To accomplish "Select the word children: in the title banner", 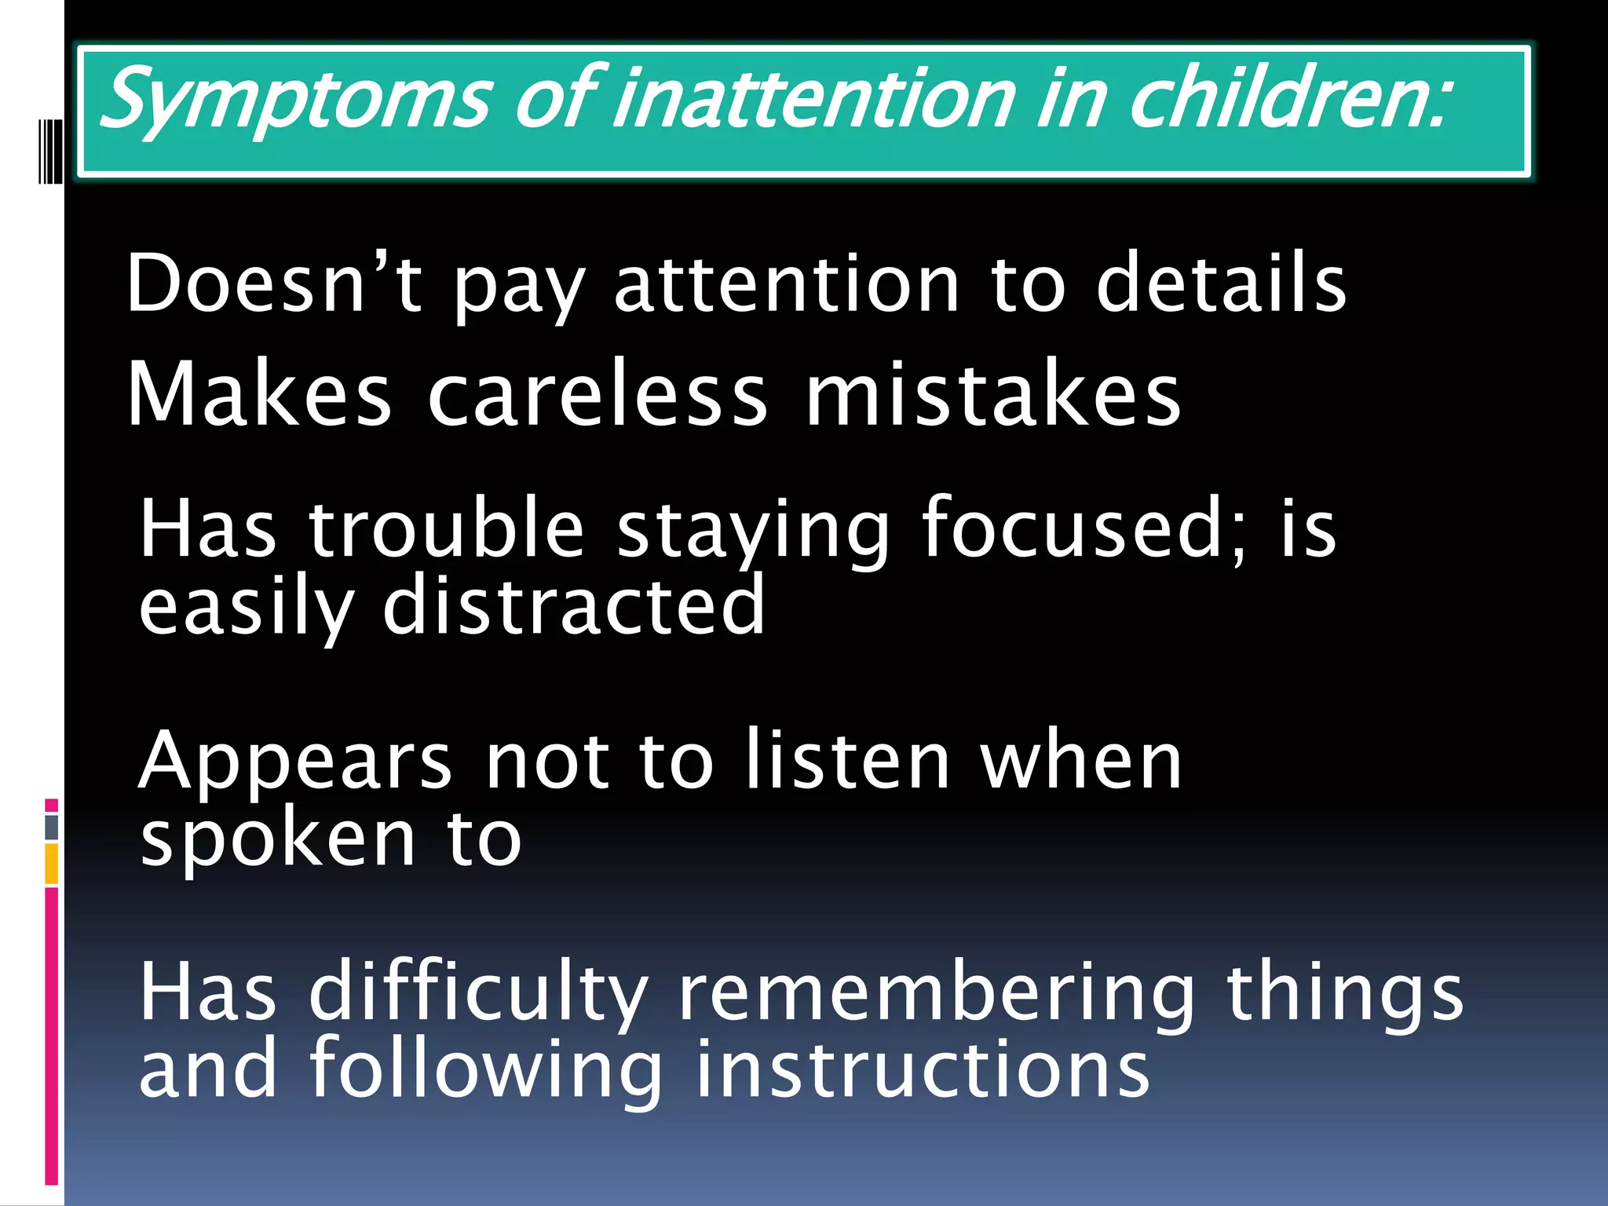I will tap(1288, 100).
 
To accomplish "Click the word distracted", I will tap(573, 605).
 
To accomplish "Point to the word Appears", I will tap(295, 762).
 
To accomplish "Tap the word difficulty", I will tap(479, 994).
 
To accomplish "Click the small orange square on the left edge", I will tap(52, 864).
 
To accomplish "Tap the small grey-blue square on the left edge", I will tap(52, 827).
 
